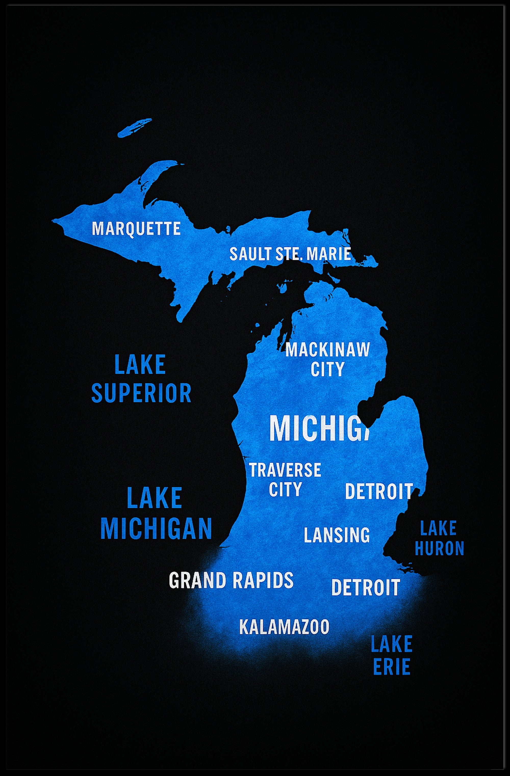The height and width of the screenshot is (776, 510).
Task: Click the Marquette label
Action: point(136,229)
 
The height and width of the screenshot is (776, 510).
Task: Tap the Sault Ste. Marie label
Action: point(290,254)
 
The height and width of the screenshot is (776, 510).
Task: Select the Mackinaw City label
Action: point(328,359)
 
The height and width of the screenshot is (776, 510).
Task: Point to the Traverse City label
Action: point(285,479)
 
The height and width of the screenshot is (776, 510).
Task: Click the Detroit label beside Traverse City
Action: point(379,491)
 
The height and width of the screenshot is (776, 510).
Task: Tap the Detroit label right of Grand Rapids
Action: point(365,587)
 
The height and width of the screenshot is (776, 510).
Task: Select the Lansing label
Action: point(337,535)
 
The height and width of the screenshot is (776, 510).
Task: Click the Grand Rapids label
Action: point(231,580)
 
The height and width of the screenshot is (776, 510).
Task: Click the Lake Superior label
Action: point(141,379)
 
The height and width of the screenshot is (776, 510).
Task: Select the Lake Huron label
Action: point(439,538)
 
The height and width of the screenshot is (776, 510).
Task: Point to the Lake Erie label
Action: point(392,655)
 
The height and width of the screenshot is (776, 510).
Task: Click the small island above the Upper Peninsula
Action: point(134,128)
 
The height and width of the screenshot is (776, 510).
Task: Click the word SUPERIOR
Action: point(141,393)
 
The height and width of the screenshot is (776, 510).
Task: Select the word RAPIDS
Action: point(263,580)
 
